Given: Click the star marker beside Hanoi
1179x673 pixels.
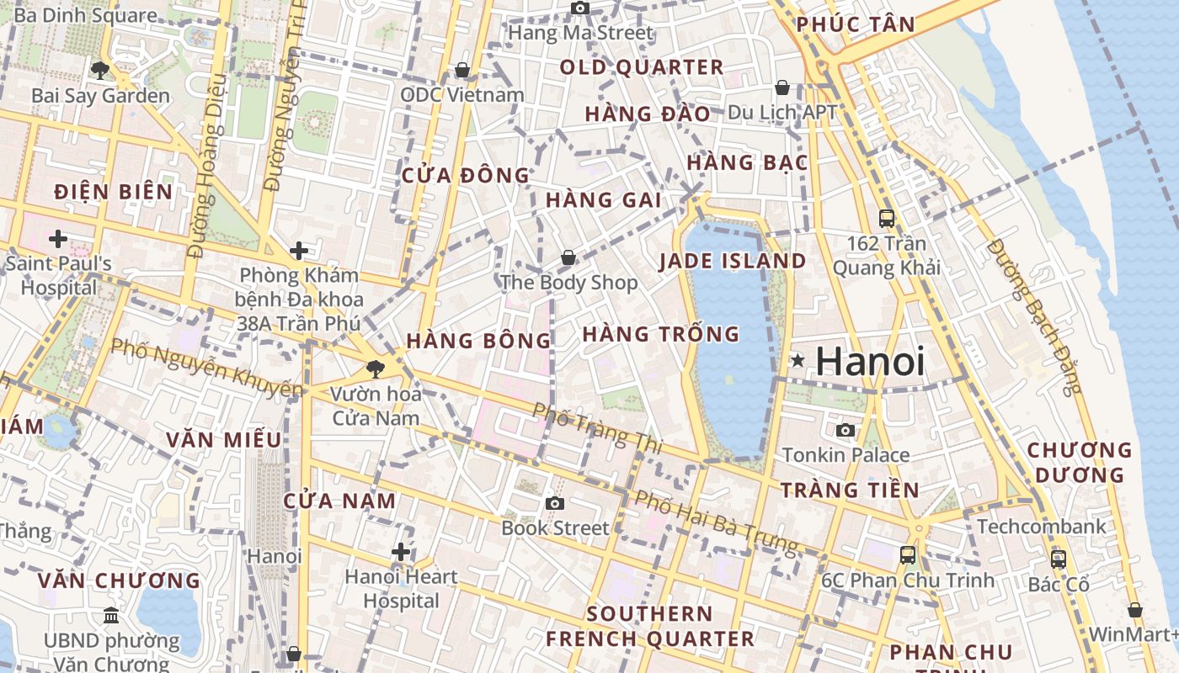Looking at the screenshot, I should point(797,362).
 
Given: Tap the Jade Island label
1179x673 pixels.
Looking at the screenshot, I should point(733,261).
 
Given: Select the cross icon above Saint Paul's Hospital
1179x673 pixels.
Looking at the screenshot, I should point(57,240).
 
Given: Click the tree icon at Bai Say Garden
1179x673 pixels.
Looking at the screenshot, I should point(100,71).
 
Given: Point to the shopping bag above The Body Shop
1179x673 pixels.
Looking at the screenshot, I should point(568,257).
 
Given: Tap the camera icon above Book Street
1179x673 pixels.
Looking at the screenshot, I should point(554,503).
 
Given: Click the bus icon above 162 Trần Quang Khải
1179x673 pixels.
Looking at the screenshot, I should point(887,219).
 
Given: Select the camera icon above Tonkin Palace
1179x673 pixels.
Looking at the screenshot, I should point(846,431).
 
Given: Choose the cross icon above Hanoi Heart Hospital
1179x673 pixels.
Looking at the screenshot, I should point(401,552).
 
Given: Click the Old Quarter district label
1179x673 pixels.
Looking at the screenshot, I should point(642,67).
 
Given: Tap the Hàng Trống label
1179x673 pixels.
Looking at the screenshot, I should point(661,334).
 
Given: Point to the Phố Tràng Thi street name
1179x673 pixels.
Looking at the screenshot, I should point(598,425).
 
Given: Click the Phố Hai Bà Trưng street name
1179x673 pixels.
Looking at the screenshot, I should point(715,522).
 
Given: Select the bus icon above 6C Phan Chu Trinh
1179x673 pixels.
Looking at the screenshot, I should point(908,555).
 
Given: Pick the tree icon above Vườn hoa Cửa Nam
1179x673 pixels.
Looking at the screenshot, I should point(376,368).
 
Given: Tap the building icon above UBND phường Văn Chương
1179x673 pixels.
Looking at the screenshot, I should point(110,616).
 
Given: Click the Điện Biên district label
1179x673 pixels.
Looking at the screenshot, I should point(114,192).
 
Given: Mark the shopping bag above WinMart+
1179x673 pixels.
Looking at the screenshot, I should point(1135,610).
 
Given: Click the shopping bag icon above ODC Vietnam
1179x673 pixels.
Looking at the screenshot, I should point(461,70).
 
